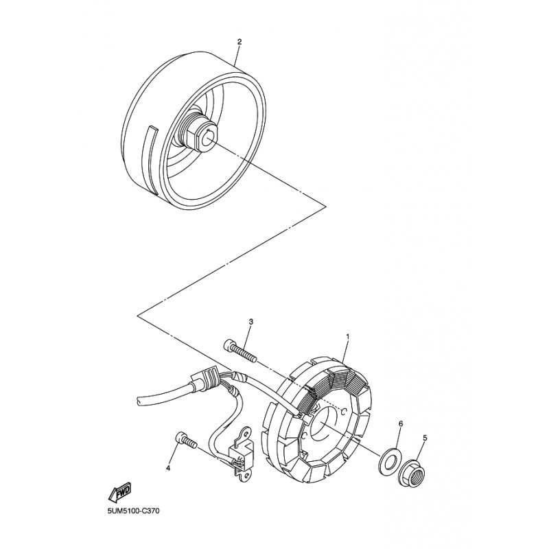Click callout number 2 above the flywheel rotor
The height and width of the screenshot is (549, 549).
(240, 42)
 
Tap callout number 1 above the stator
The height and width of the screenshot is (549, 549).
(348, 338)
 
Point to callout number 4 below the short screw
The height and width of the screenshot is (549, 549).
(167, 468)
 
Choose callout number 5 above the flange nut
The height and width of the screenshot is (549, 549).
(425, 438)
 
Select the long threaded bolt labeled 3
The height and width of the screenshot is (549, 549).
(240, 351)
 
